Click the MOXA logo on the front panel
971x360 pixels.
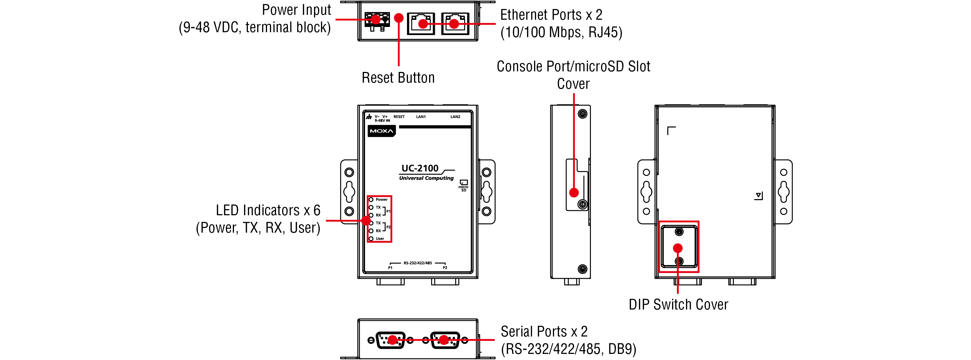pos(382,131)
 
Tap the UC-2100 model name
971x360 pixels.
pos(420,168)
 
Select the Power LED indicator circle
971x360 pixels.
pos(371,199)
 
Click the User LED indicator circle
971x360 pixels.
pos(371,239)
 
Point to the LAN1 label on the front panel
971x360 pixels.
pos(421,117)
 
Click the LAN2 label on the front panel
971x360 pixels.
pos(455,117)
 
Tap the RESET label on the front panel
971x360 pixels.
pos(399,117)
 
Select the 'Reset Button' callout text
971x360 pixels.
pos(398,78)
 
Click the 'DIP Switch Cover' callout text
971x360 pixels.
pos(678,304)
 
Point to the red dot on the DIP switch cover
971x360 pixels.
pos(678,248)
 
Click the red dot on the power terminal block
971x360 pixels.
pos(375,19)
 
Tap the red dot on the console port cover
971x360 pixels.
pos(574,193)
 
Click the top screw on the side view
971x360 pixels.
pos(582,114)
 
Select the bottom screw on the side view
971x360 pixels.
pos(582,269)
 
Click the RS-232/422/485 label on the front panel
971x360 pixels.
pos(418,263)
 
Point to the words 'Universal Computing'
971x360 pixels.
pos(426,178)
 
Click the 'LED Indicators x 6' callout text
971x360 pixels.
pos(268,210)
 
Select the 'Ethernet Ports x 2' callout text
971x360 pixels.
pos(551,15)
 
